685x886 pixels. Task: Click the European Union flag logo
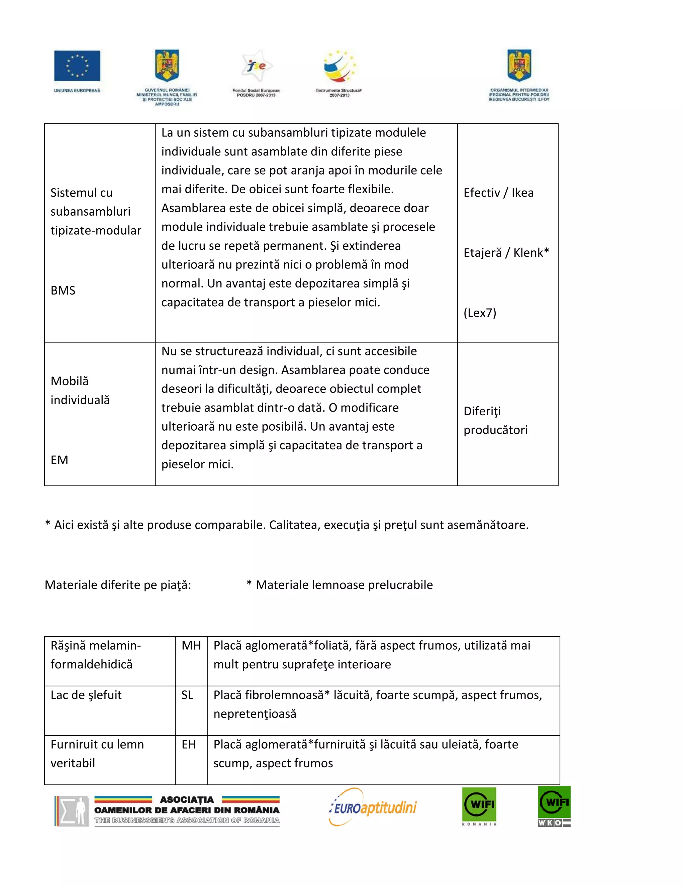tap(77, 66)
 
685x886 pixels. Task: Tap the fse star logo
tap(256, 66)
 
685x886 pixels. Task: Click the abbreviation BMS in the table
tap(63, 291)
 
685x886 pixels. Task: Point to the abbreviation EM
tap(59, 460)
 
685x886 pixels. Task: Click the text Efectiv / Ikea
tap(498, 193)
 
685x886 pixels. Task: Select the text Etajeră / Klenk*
tap(506, 253)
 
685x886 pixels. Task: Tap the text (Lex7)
tap(480, 313)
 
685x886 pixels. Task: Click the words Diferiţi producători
tap(495, 421)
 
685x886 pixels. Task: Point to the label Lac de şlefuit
tap(86, 695)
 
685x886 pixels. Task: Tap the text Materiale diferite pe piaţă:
tap(118, 585)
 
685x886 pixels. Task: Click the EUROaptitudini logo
tap(373, 807)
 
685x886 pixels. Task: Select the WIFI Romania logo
tap(479, 806)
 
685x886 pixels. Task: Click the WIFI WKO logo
tap(554, 806)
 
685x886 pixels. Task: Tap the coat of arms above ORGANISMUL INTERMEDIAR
tap(519, 66)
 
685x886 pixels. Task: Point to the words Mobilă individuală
tap(80, 390)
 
